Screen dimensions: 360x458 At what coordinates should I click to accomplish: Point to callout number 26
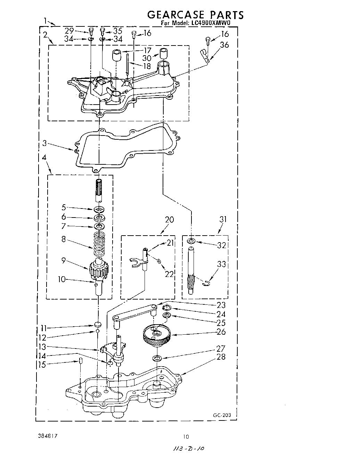pos(221,332)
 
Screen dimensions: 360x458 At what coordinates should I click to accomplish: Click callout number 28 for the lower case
pos(221,357)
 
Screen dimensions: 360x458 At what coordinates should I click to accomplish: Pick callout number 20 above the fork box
pos(170,220)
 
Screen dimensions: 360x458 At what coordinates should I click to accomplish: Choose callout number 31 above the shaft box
pos(223,220)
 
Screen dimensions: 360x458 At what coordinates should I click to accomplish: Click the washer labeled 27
pos(157,358)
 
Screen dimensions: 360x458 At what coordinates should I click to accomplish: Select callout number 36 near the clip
pos(224,45)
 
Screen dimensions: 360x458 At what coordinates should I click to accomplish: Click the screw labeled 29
pos(91,31)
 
